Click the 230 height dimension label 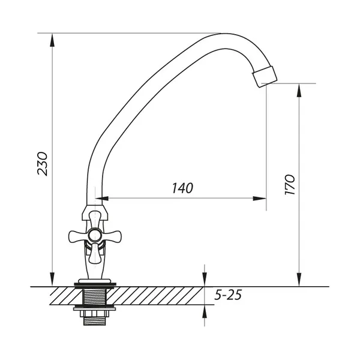click(43, 164)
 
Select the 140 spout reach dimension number click(182, 188)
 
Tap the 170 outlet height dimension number click(289, 185)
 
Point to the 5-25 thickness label click(228, 295)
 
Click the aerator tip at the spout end click(265, 76)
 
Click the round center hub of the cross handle click(94, 235)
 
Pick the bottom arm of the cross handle click(94, 253)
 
